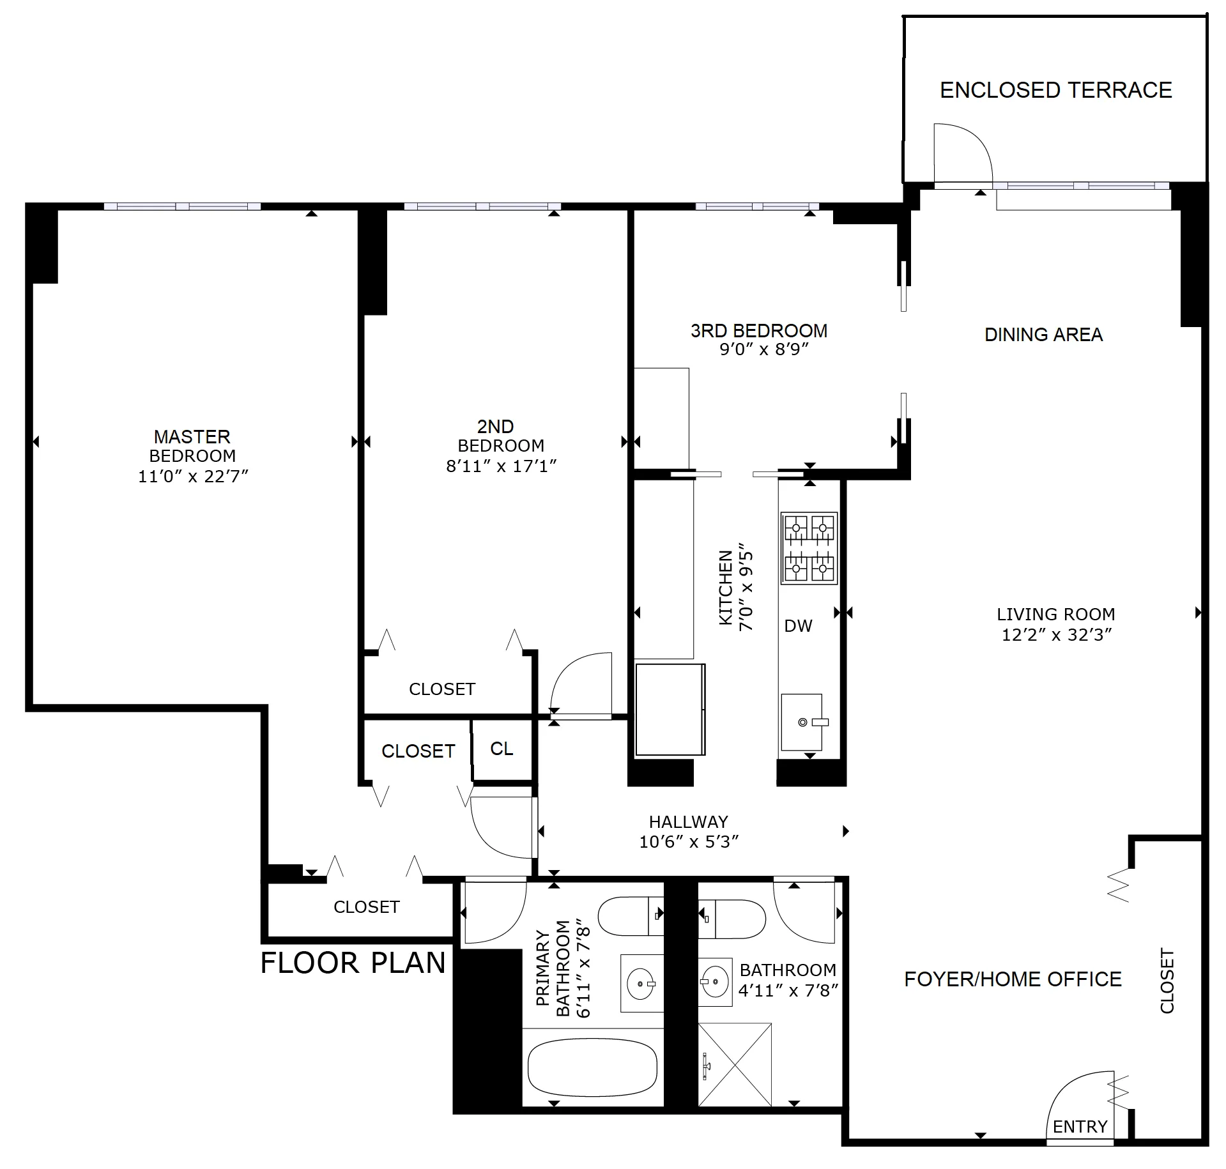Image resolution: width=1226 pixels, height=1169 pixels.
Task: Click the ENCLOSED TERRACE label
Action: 1055,90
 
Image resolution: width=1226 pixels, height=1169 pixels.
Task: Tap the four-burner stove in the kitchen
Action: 809,547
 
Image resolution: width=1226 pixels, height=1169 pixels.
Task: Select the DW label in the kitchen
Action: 798,626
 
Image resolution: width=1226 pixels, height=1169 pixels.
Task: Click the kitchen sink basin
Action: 802,722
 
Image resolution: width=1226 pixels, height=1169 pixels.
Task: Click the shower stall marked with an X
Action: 735,1064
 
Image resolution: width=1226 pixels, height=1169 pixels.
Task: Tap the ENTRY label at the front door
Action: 1080,1126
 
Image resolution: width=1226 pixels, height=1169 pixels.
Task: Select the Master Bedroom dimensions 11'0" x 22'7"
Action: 193,476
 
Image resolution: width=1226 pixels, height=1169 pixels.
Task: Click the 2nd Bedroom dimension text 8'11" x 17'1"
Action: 501,466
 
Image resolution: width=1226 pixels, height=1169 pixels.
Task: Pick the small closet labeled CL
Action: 502,749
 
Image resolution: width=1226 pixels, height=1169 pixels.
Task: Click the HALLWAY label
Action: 688,821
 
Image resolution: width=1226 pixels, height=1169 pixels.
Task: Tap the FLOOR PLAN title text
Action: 353,963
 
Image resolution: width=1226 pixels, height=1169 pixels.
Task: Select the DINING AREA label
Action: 1043,335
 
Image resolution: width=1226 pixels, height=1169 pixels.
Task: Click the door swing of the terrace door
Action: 962,153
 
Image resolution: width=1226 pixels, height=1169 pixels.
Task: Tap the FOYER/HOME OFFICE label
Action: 1013,979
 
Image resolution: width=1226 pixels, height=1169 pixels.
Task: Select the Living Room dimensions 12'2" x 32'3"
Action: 1057,634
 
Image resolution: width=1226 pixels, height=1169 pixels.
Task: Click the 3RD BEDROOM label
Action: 758,331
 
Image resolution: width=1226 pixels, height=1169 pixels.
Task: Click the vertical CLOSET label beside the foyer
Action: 1167,981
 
